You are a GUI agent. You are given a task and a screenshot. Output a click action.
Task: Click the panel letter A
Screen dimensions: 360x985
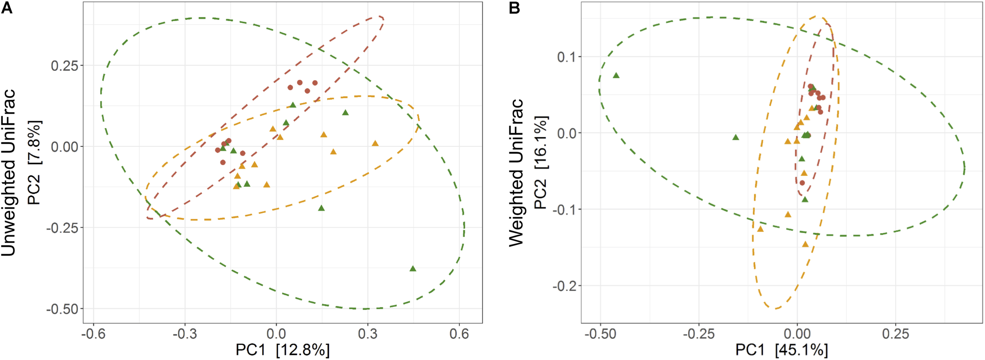[x=7, y=8]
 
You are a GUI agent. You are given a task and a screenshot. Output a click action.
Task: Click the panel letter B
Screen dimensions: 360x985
[x=514, y=8]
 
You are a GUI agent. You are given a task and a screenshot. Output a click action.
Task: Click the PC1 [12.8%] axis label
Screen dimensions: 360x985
[x=282, y=350]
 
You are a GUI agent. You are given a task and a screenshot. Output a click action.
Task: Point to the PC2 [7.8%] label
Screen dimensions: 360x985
[x=35, y=162]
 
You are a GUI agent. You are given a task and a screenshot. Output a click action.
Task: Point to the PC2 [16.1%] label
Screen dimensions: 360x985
[x=541, y=162]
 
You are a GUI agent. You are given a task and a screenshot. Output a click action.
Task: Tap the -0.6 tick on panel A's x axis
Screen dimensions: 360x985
[x=93, y=334]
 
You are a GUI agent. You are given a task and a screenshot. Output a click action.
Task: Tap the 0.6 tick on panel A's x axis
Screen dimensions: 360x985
[x=459, y=334]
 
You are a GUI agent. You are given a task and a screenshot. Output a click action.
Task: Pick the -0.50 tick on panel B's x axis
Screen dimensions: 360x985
[x=600, y=334]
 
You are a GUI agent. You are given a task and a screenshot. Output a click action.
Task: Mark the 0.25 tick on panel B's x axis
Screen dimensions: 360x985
[x=896, y=334]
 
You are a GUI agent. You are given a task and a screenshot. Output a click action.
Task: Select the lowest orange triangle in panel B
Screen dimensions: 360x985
[x=805, y=245]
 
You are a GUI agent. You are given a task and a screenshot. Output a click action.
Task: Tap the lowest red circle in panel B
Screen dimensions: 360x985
[x=802, y=183]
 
